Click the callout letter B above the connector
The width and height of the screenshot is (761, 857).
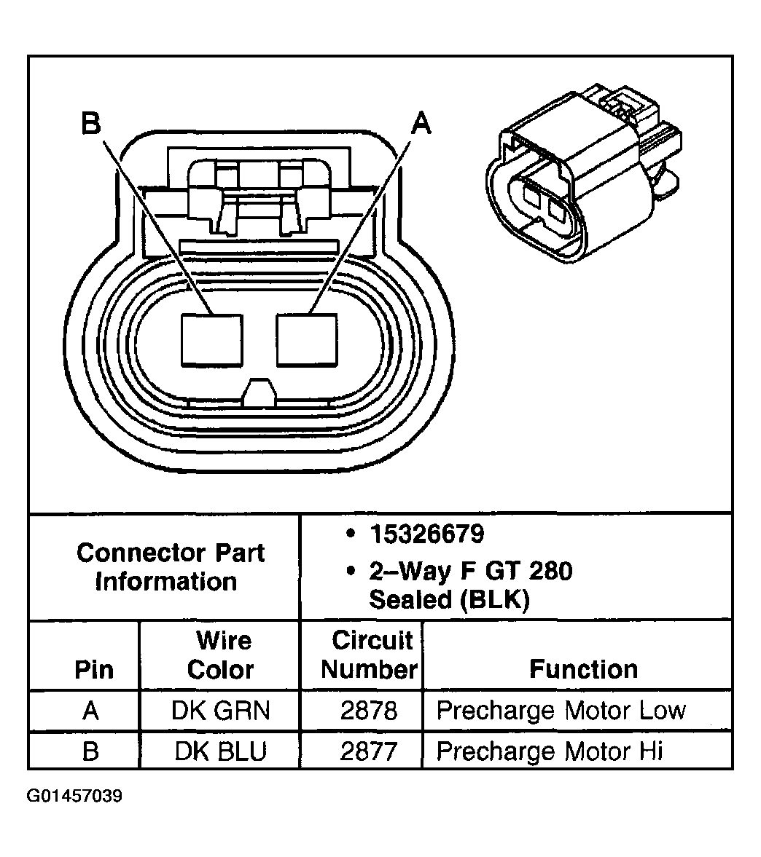click(x=91, y=124)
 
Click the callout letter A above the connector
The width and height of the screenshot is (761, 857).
click(x=421, y=124)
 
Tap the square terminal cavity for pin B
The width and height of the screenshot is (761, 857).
click(x=211, y=339)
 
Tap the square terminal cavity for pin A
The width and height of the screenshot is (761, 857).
click(x=307, y=339)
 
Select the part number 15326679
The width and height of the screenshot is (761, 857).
click(x=426, y=534)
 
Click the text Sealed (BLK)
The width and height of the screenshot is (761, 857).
click(x=448, y=599)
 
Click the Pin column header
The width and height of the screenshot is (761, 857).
click(x=94, y=669)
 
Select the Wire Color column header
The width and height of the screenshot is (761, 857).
click(x=221, y=655)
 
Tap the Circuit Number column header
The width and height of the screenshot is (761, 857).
click(x=370, y=655)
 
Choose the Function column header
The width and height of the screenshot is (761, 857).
click(x=583, y=669)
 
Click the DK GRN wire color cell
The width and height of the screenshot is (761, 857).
click(x=221, y=711)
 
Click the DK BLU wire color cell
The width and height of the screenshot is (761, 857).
click(x=221, y=751)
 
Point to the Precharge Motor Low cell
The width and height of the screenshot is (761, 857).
click(x=561, y=711)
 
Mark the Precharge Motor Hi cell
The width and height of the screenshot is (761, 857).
click(x=550, y=751)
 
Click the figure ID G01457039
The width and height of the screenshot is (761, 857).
click(x=75, y=796)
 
